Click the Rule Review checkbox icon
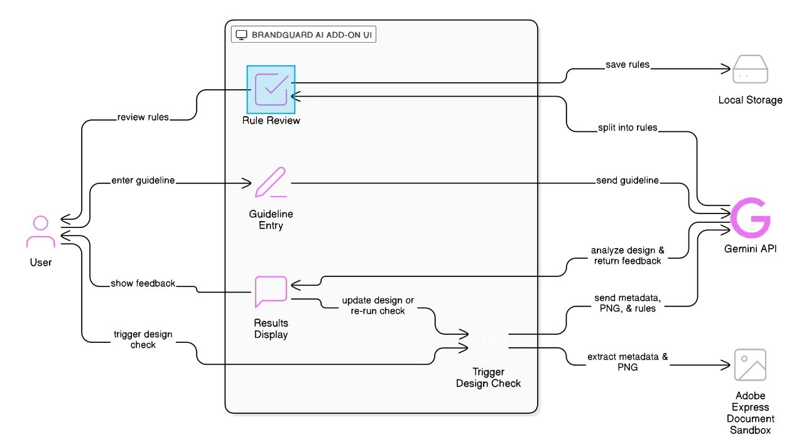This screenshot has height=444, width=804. click(271, 89)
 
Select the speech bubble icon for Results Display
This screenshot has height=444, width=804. click(271, 291)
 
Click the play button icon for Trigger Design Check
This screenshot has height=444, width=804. click(489, 340)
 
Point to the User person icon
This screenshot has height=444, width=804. click(41, 233)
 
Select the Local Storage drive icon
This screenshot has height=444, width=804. click(750, 70)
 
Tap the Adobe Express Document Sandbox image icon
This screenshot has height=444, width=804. click(750, 365)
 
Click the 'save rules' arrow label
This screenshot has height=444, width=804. click(627, 65)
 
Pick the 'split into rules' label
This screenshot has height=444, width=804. click(627, 127)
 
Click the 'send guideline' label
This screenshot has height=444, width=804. click(627, 181)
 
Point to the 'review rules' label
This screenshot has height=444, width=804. click(143, 117)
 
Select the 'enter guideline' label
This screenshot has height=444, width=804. click(143, 181)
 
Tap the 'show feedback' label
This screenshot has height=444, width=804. click(143, 283)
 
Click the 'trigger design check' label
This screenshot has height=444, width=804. click(143, 339)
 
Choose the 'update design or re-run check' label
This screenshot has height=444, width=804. click(378, 305)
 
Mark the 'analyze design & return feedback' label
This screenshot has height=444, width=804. click(627, 255)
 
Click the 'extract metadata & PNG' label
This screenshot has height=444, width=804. click(627, 362)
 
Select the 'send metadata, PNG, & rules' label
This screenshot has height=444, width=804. click(627, 303)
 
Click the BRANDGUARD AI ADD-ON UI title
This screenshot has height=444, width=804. click(303, 35)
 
